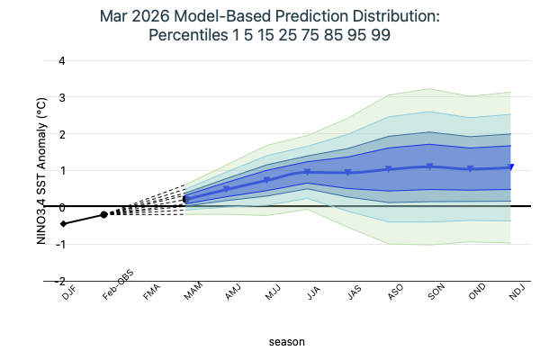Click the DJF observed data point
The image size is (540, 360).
(63, 223)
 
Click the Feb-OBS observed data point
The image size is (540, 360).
(104, 214)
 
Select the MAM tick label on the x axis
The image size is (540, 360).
(193, 293)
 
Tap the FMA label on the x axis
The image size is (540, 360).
(151, 293)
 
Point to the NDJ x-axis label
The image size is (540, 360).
(517, 293)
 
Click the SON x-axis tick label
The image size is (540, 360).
(436, 293)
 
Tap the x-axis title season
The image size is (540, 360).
(287, 342)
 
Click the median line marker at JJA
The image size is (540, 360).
(308, 172)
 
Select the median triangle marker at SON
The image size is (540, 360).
(430, 166)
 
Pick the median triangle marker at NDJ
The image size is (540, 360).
(511, 167)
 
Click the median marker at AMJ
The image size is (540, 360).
(227, 190)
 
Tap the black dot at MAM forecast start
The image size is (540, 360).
(186, 200)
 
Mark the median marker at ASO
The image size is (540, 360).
(389, 169)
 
